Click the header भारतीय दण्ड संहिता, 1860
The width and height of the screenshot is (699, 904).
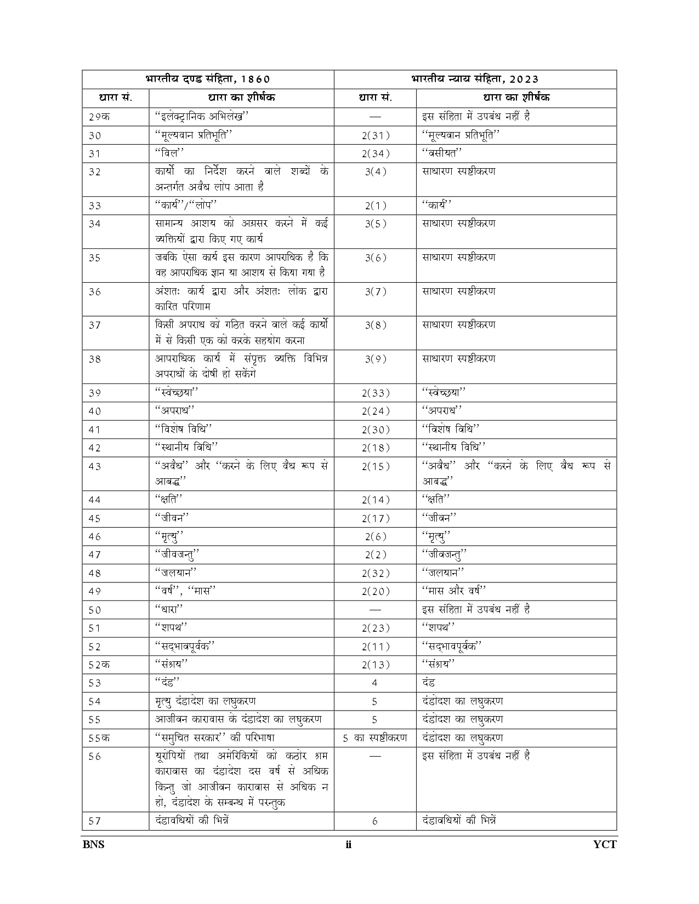208,79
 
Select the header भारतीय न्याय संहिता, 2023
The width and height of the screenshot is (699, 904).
475,79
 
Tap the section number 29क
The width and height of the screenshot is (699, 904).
99,117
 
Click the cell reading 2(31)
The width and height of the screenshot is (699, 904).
375,135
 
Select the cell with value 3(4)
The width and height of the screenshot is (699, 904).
375,171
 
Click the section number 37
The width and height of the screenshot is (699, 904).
95,325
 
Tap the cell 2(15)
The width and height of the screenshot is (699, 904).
375,467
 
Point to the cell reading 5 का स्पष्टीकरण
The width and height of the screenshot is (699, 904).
375,738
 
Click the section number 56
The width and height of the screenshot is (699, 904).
95,757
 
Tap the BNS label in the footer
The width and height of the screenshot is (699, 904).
93,844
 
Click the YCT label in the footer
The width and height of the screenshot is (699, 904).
605,844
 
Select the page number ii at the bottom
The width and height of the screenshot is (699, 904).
349,844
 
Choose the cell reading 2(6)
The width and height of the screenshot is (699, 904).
375,537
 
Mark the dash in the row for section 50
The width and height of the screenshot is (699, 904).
375,610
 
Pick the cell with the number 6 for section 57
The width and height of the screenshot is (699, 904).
375,821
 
